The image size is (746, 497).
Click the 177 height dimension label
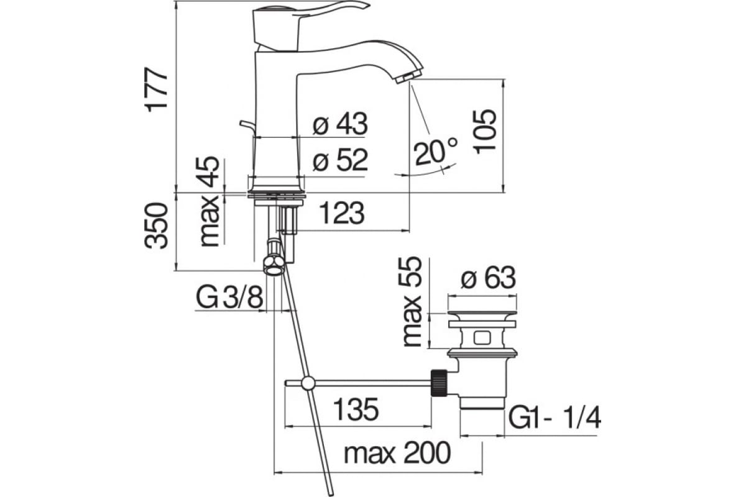click(x=156, y=89)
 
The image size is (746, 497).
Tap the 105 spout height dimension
click(x=486, y=132)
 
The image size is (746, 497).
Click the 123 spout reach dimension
click(x=342, y=213)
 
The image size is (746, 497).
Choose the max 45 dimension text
click(x=210, y=201)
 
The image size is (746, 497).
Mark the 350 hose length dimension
click(x=156, y=226)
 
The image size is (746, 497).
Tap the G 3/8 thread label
click(x=230, y=297)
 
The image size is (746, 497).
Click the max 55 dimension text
click(x=412, y=302)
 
